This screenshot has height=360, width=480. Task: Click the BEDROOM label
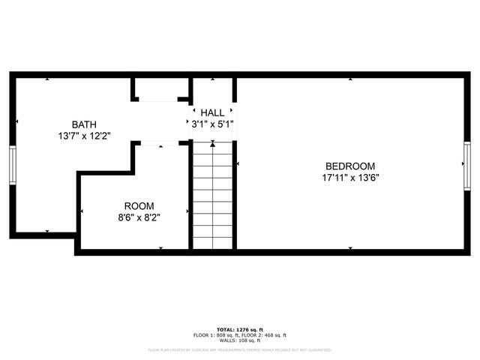coord(349,166)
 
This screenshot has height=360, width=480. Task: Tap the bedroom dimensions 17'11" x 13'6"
coord(349,178)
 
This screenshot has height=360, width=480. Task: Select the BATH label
coord(84,124)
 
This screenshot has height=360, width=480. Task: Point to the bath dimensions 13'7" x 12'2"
coord(84,136)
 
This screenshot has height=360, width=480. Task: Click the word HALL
coord(212,112)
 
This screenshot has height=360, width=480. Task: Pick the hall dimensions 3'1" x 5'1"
coord(212,124)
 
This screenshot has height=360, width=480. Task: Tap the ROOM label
coord(139,205)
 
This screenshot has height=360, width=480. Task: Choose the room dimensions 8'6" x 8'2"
coord(139,217)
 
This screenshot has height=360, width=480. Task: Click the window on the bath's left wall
coord(13,164)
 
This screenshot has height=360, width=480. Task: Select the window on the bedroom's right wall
coord(466,164)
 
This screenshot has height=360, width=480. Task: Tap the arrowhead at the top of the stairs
coord(212,148)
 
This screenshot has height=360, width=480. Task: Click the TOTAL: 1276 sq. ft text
coord(239,329)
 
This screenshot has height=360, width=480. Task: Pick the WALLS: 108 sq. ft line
coord(239,341)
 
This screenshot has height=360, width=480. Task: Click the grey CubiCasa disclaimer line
coord(239,349)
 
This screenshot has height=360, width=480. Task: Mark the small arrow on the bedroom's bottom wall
coord(349,247)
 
